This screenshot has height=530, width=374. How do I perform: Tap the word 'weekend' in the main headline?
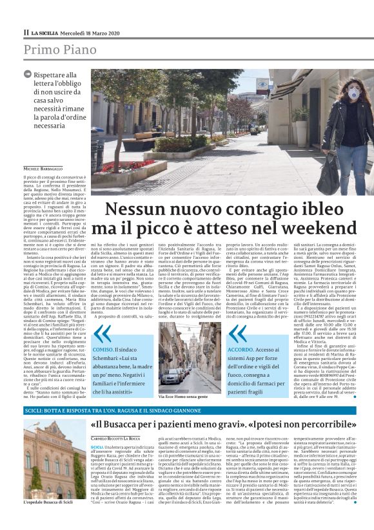[320, 229]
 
